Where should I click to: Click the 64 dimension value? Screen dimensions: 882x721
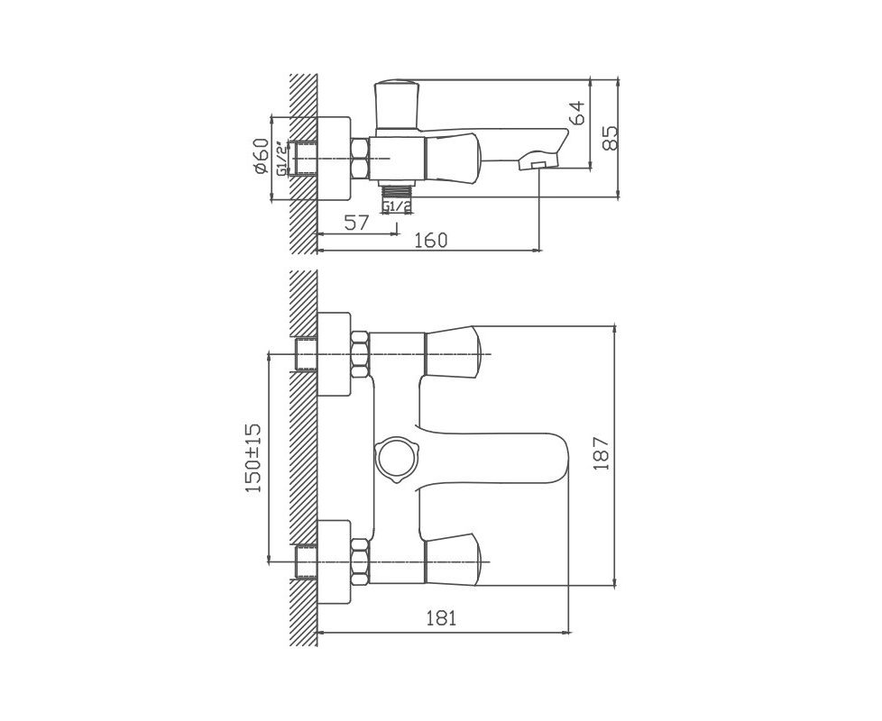tap(578, 113)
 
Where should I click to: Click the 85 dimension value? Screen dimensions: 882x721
tap(609, 137)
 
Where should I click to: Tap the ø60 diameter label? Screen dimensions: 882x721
tap(261, 156)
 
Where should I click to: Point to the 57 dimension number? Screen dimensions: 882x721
tap(356, 223)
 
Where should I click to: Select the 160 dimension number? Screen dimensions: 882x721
tap(431, 240)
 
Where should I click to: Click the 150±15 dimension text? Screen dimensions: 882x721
tap(253, 458)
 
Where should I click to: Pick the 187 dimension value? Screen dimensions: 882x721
tap(602, 453)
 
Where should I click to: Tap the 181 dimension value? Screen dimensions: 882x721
tap(440, 618)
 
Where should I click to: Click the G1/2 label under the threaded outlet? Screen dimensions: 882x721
tap(397, 207)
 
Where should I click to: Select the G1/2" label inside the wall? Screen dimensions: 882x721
tap(283, 160)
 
